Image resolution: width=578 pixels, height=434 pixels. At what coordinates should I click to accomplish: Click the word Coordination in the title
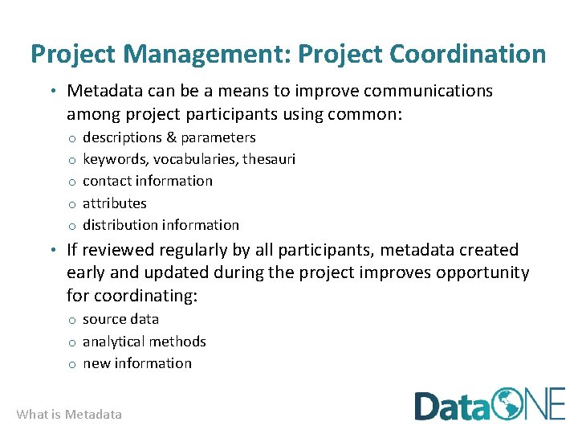(467, 55)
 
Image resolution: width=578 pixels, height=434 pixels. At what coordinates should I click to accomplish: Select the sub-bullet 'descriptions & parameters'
(169, 137)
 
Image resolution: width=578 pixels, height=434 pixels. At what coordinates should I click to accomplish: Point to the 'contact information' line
(148, 181)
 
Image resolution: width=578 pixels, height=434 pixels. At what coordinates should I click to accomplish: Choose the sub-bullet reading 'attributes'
(115, 203)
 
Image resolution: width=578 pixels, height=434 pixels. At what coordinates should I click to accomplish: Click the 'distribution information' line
(161, 225)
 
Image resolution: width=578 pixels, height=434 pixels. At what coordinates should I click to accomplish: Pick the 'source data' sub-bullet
(120, 319)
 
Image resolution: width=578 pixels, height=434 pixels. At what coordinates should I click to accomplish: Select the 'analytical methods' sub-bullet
(144, 342)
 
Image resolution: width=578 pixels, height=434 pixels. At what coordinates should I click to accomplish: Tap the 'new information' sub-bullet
(137, 363)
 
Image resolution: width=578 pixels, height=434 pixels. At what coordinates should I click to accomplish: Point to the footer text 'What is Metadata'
(70, 415)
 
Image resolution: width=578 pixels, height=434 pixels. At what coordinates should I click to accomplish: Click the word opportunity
(482, 272)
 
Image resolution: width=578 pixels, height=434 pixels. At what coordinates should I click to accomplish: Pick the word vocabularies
(204, 159)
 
